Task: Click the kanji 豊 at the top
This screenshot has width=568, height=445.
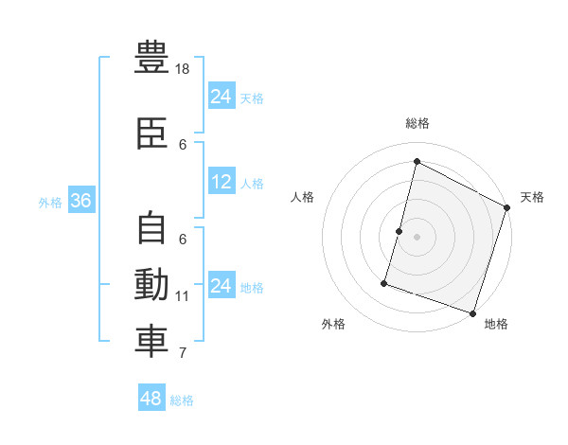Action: point(152,58)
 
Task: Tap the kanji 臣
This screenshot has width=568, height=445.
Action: point(152,133)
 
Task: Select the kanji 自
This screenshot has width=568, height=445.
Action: point(152,228)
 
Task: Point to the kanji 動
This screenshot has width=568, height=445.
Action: point(152,285)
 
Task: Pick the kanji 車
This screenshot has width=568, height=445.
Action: point(152,342)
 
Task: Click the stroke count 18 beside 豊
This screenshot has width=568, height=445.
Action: point(184,69)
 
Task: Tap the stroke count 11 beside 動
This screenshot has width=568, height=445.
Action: point(183,296)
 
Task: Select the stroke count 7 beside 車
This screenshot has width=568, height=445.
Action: point(184,353)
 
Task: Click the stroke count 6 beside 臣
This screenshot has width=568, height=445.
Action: point(184,144)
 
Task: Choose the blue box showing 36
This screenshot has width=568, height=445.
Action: point(80,201)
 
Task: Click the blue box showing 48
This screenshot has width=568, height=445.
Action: point(151,399)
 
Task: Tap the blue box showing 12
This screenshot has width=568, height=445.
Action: point(222,182)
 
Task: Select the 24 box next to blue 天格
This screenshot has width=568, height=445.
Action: point(222,97)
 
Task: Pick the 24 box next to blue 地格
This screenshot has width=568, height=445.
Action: point(222,286)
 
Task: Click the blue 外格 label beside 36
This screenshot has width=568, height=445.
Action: point(50,202)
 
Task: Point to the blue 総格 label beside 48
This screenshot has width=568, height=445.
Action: point(182,400)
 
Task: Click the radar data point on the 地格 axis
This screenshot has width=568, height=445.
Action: point(472,312)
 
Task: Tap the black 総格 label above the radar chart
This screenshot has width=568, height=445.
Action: point(417,123)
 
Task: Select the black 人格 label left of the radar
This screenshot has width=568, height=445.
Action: point(303,197)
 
